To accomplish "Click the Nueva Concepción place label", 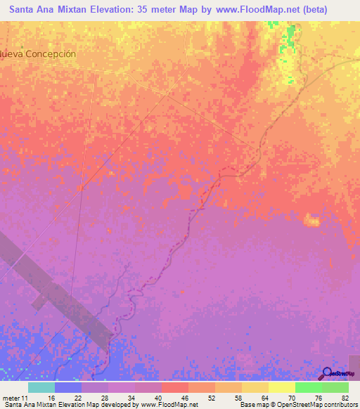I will pos(38,54).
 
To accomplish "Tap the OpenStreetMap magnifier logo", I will pos(328,373).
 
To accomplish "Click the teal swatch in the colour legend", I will pos(41,387).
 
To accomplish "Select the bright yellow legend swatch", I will pos(281,387).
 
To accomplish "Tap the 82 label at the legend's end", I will pos(344,397).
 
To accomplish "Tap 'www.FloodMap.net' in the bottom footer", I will pos(169,405).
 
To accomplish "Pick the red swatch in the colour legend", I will pos(174,387).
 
